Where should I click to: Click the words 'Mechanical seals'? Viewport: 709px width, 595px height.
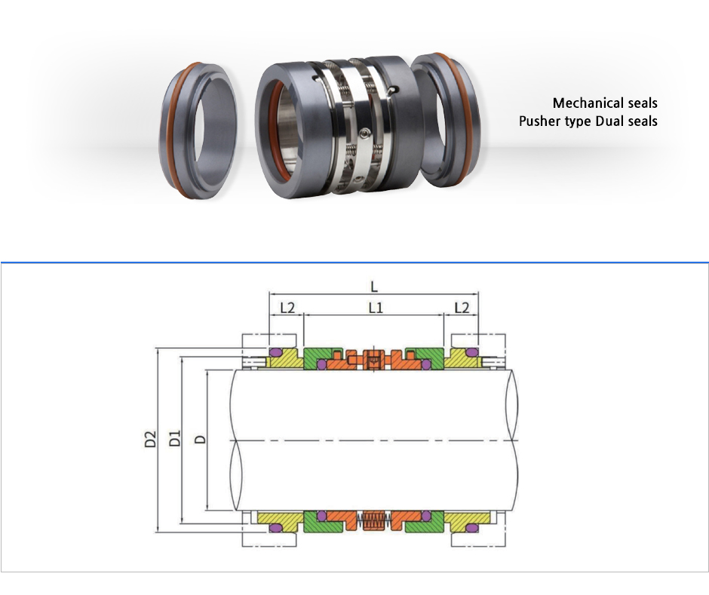pyautogui.click(x=604, y=103)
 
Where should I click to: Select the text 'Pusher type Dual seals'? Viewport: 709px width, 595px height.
pyautogui.click(x=588, y=121)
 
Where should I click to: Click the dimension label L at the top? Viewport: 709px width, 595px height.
pyautogui.click(x=373, y=286)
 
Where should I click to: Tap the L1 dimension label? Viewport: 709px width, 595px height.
pyautogui.click(x=375, y=308)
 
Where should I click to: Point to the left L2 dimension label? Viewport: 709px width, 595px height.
pyautogui.click(x=287, y=308)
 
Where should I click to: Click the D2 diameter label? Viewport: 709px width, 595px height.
pyautogui.click(x=150, y=440)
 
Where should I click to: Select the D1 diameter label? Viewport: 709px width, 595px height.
pyautogui.click(x=174, y=439)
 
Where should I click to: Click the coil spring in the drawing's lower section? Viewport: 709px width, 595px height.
pyautogui.click(x=373, y=520)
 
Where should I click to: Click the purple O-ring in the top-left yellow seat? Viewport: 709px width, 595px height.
pyautogui.click(x=275, y=353)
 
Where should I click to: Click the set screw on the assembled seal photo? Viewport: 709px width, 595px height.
pyautogui.click(x=367, y=133)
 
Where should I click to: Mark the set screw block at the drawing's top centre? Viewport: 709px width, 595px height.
pyautogui.click(x=373, y=360)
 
